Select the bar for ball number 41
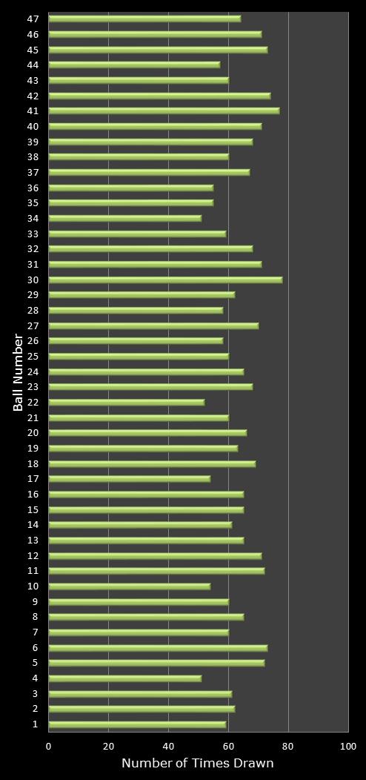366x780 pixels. click(x=164, y=111)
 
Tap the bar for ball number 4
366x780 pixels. click(x=124, y=678)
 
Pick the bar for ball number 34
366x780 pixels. click(x=124, y=219)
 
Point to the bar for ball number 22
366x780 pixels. click(x=126, y=403)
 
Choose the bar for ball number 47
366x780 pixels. click(x=144, y=19)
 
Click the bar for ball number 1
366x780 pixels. click(x=137, y=724)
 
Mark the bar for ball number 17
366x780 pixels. click(x=129, y=479)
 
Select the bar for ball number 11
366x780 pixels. click(x=156, y=571)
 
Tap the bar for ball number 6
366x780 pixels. click(x=158, y=648)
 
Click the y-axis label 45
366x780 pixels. click(x=33, y=50)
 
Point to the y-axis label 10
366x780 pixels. click(x=33, y=586)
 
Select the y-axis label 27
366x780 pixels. click(x=33, y=325)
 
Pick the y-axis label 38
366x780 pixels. click(x=33, y=157)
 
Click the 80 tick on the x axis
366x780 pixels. click(x=288, y=747)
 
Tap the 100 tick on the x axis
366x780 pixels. click(x=347, y=747)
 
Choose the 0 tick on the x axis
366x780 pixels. click(x=49, y=747)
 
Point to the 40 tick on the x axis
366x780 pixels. click(x=168, y=747)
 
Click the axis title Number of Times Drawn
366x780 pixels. click(x=198, y=764)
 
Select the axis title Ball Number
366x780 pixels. click(x=19, y=372)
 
